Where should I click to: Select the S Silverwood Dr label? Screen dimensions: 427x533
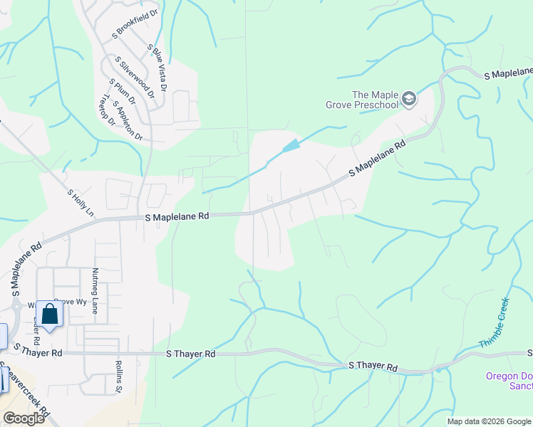click(135, 78)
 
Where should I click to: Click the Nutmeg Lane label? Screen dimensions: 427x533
click(95, 290)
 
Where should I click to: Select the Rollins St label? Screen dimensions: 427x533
click(119, 377)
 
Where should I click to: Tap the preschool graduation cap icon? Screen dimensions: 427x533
click(409, 98)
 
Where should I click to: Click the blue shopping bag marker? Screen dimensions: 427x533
click(49, 314)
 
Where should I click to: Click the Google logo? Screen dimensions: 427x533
click(24, 418)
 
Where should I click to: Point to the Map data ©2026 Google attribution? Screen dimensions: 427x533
click(489, 421)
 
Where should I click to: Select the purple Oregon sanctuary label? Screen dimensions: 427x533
click(509, 381)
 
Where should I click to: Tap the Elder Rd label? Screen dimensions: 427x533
click(36, 331)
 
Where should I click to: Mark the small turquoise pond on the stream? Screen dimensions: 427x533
click(291, 146)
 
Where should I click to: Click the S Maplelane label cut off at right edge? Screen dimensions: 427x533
click(508, 73)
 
